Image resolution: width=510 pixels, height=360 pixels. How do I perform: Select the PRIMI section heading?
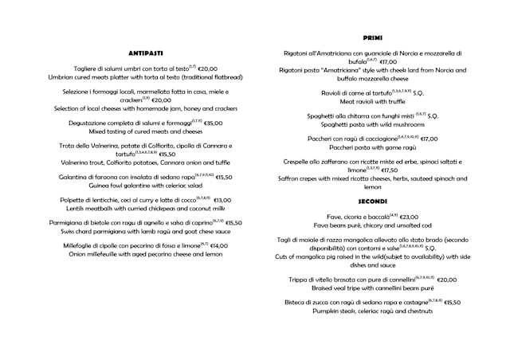[x=371, y=37]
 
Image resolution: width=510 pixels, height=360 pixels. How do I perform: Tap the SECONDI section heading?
[x=372, y=202]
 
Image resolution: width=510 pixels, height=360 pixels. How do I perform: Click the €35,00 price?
[x=212, y=123]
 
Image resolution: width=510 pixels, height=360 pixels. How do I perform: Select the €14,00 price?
[x=219, y=245]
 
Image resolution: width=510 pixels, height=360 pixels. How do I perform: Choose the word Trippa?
[x=300, y=280]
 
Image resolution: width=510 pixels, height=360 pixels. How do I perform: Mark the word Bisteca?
[x=299, y=303]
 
